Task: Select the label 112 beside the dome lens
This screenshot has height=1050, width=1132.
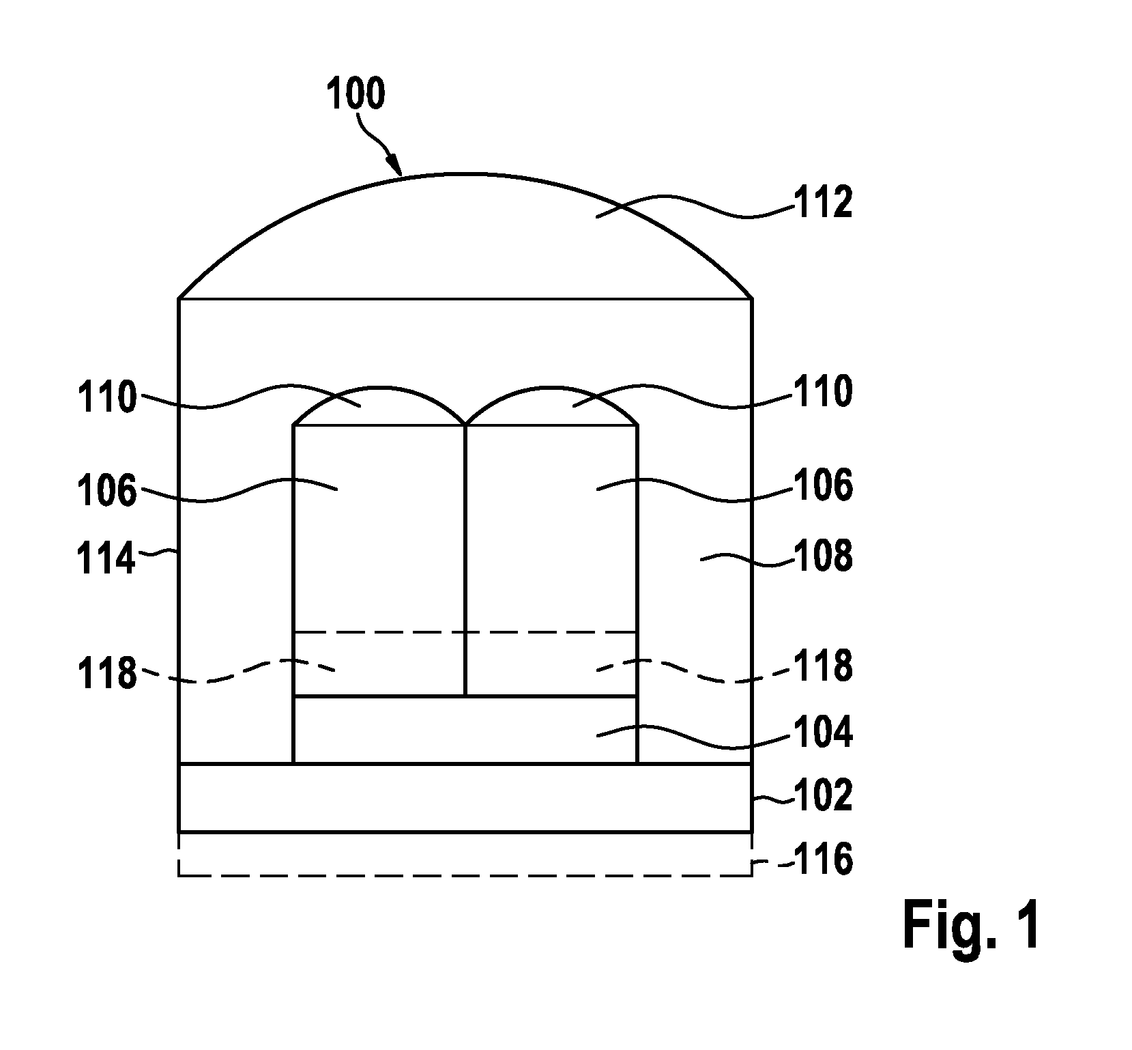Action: [x=822, y=203]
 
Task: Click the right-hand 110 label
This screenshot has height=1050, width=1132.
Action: [x=822, y=392]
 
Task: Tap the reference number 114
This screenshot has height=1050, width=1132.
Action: [x=106, y=560]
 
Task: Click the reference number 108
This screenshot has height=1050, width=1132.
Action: [x=822, y=556]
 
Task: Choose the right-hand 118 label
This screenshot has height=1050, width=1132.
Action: [x=822, y=666]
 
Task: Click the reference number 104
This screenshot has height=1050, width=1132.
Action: [x=822, y=733]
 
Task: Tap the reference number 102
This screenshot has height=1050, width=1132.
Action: [x=822, y=795]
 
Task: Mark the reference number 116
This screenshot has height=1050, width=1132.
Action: [x=822, y=860]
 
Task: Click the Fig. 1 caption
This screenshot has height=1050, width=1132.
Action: [x=972, y=924]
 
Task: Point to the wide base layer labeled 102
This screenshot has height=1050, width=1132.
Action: [x=465, y=797]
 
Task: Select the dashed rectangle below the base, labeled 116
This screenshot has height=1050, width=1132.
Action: [x=465, y=875]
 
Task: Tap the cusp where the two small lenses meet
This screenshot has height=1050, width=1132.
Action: [x=465, y=424]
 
